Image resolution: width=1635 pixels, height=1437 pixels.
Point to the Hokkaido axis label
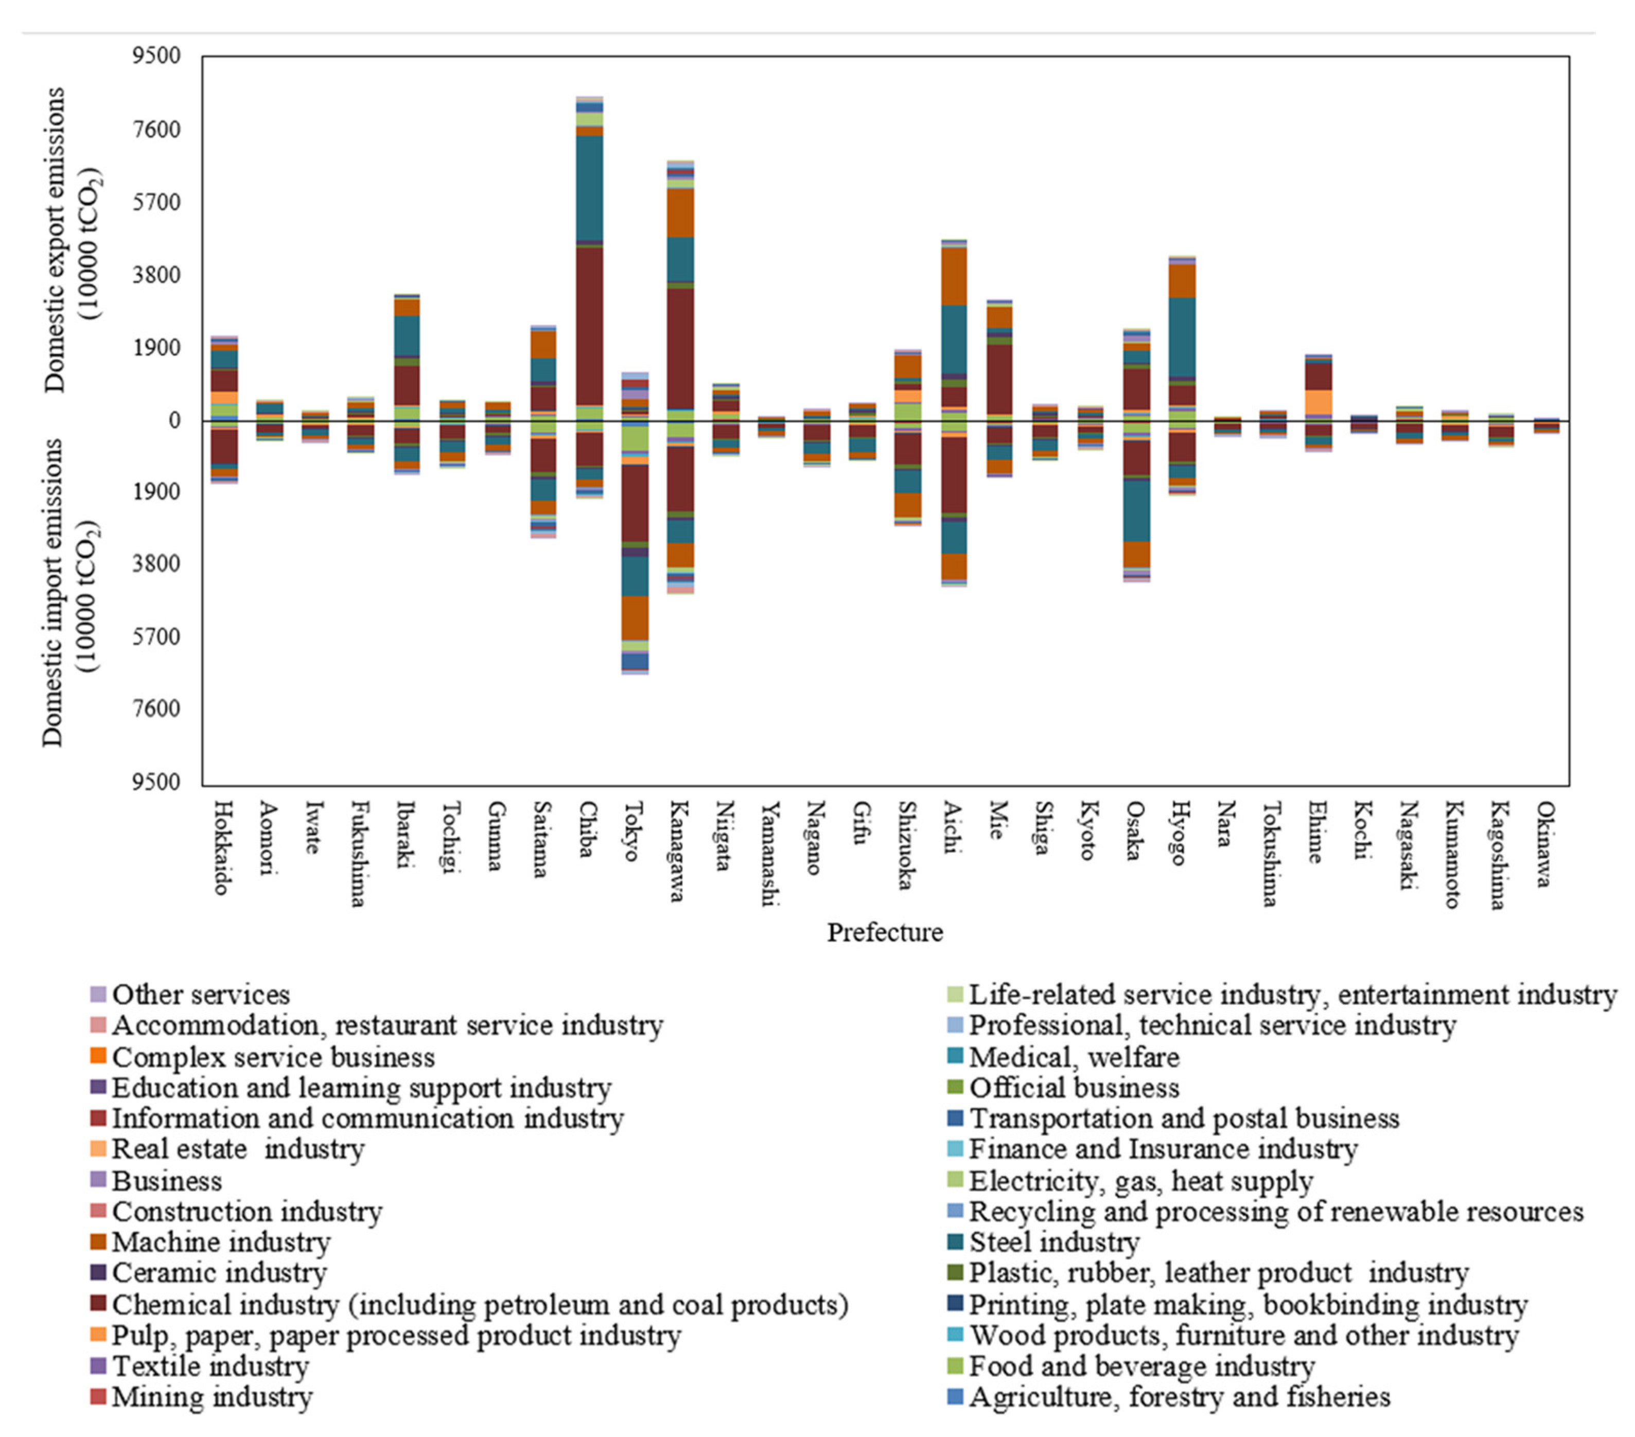pyautogui.click(x=222, y=848)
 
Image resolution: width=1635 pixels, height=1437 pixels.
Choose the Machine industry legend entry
pyautogui.click(x=221, y=1242)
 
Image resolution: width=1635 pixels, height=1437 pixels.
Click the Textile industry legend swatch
pyautogui.click(x=98, y=1366)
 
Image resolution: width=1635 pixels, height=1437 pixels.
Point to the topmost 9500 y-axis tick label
pyautogui.click(x=157, y=57)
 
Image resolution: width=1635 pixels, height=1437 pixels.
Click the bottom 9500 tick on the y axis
pyautogui.click(x=157, y=782)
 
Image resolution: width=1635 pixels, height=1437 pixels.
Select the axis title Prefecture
pyautogui.click(x=885, y=932)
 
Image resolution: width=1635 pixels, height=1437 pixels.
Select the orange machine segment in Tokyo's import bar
pyautogui.click(x=635, y=617)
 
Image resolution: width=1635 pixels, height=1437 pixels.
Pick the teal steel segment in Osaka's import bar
pyautogui.click(x=1137, y=510)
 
